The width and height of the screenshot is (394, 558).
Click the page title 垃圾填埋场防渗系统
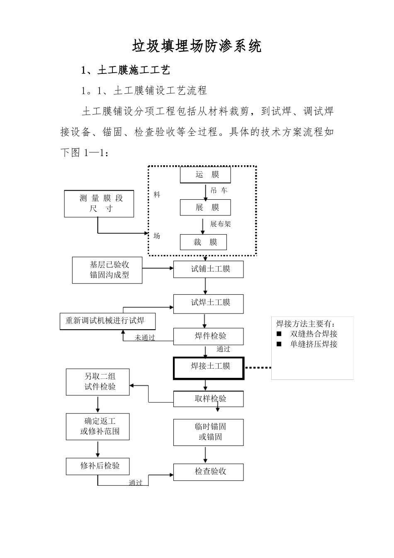(197, 46)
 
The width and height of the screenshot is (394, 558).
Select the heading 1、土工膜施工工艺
(126, 70)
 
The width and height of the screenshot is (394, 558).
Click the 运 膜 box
(205, 175)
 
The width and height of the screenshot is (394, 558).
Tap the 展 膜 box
(205, 208)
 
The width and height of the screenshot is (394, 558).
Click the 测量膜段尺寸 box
(99, 203)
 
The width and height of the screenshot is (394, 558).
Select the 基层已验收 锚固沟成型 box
(107, 270)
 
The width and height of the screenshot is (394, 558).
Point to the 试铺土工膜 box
(208, 269)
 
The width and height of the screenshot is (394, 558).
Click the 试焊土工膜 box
(208, 303)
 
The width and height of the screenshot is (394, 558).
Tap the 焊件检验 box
(208, 336)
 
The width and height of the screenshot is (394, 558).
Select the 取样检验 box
(208, 399)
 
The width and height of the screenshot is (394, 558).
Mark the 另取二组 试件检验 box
(98, 382)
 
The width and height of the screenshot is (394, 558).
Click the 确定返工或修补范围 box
(98, 426)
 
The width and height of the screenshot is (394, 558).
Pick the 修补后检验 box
(98, 466)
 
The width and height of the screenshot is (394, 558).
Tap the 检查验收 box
(208, 472)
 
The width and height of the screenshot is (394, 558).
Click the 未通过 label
(145, 338)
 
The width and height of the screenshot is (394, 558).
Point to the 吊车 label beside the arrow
(219, 191)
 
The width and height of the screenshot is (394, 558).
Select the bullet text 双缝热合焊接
(314, 334)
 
